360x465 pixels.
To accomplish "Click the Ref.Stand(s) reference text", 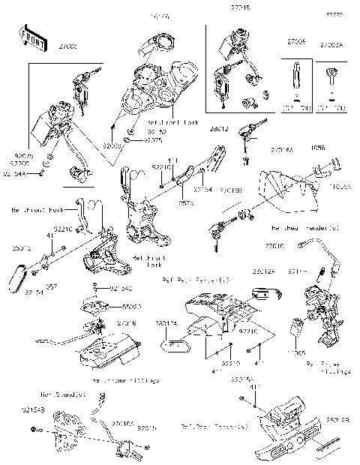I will [59, 393].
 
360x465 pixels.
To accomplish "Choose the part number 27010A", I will [103, 424].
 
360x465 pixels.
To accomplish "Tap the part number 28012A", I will [265, 271].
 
